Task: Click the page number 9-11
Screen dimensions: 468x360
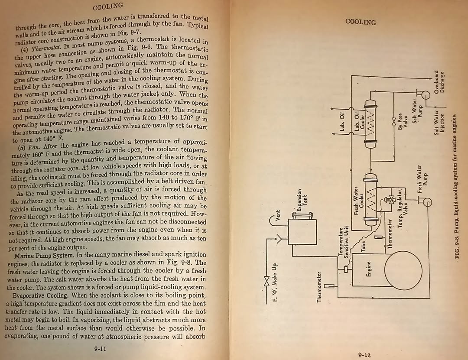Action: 100,349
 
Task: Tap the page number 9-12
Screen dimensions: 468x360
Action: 364,355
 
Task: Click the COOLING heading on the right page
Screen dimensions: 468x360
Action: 360,22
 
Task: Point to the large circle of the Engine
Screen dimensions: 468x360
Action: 403,270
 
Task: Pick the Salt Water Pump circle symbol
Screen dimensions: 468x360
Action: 425,95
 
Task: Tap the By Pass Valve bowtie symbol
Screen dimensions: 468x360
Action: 393,121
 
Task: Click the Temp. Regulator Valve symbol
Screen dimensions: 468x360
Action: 390,200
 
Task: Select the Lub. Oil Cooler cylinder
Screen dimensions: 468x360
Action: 370,124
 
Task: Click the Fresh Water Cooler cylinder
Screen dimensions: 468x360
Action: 370,199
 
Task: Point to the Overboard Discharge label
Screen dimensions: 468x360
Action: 439,82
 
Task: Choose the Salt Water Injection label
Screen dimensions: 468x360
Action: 439,123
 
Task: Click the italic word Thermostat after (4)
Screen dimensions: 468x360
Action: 46,48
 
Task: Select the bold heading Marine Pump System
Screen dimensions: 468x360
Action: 44,256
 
